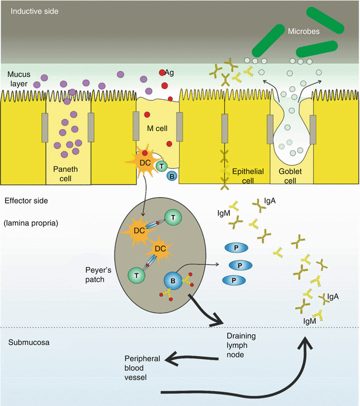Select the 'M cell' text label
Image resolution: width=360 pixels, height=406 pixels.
click(x=158, y=129)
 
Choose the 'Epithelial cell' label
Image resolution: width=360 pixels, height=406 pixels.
click(x=248, y=172)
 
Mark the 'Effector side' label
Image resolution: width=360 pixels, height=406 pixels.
click(x=26, y=201)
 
